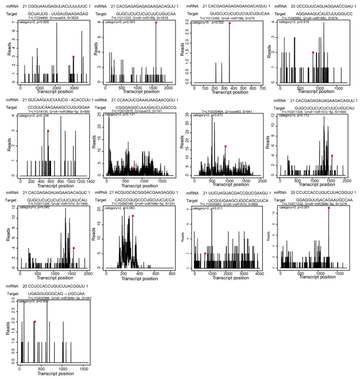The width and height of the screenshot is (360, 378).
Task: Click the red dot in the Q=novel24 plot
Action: click(x=74, y=57)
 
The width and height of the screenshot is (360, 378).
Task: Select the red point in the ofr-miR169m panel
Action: click(x=313, y=53)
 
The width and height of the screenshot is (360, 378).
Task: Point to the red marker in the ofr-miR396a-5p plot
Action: click(x=48, y=131)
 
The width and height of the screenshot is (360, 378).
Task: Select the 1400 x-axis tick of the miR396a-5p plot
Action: click(x=91, y=181)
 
